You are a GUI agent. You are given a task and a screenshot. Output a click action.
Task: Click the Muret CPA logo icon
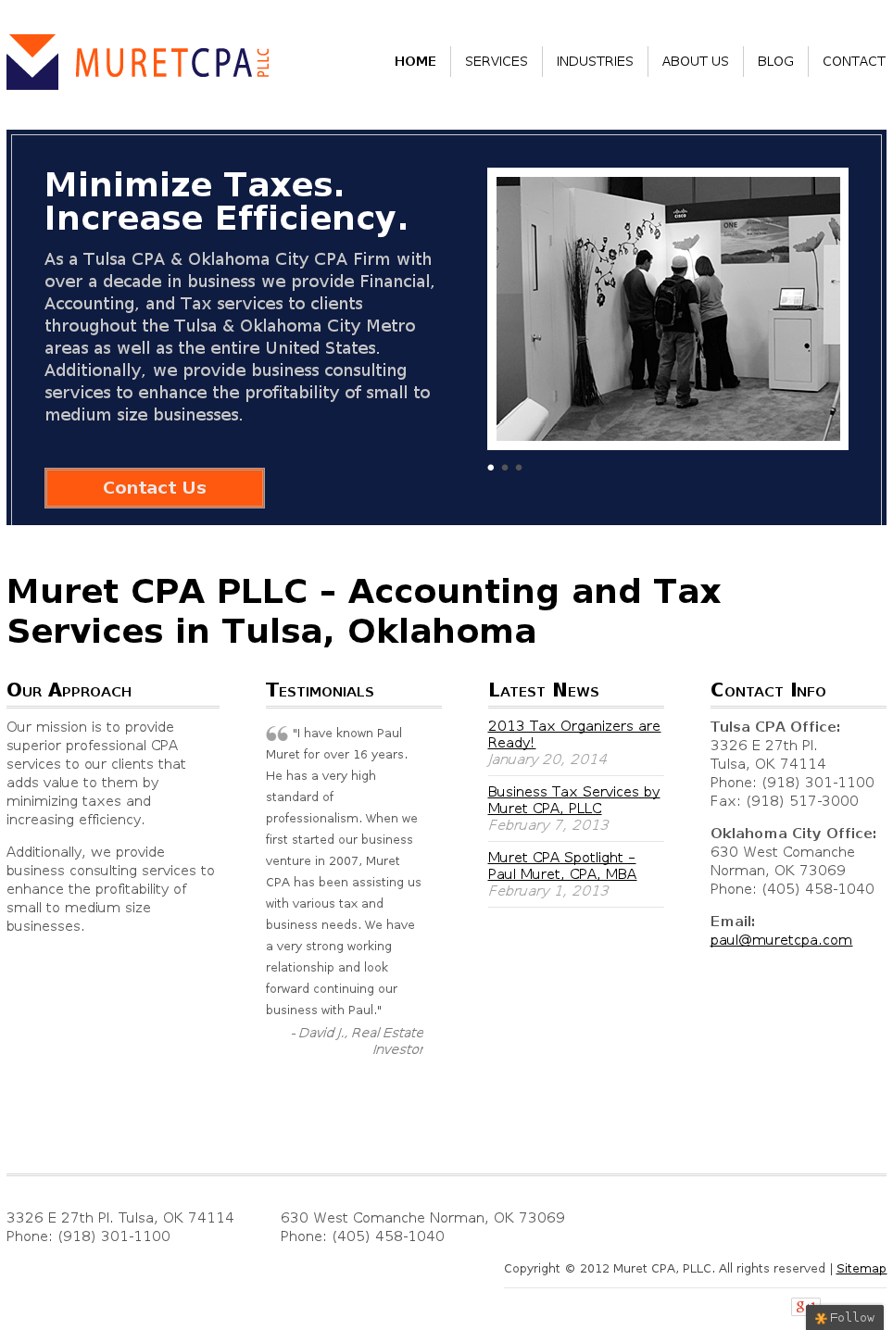pyautogui.click(x=32, y=62)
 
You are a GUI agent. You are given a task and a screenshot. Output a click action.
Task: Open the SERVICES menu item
pyautogui.click(x=496, y=61)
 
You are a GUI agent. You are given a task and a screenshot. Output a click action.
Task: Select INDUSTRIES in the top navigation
pyautogui.click(x=595, y=61)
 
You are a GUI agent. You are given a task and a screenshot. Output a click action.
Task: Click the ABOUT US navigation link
pyautogui.click(x=695, y=61)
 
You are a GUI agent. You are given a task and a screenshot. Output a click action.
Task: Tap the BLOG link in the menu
pyautogui.click(x=775, y=61)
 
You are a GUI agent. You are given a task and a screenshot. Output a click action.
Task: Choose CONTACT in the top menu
pyautogui.click(x=853, y=61)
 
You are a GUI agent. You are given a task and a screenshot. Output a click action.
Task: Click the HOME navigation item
pyautogui.click(x=415, y=61)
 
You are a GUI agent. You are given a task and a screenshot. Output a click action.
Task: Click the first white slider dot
pyautogui.click(x=491, y=468)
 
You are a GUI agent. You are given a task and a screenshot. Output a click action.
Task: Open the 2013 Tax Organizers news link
pyautogui.click(x=573, y=734)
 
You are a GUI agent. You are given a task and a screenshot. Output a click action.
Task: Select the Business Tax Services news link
pyautogui.click(x=573, y=799)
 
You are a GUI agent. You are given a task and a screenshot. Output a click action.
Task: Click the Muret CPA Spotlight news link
pyautogui.click(x=561, y=865)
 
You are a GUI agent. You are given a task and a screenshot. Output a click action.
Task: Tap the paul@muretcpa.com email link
pyautogui.click(x=781, y=940)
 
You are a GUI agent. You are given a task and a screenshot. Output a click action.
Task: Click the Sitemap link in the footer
pyautogui.click(x=861, y=1269)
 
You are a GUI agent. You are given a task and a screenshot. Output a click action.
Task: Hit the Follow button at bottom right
pyautogui.click(x=845, y=1317)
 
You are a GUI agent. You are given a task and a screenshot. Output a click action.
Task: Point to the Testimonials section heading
pyautogui.click(x=320, y=691)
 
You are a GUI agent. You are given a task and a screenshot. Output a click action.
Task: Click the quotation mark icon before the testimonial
pyautogui.click(x=277, y=734)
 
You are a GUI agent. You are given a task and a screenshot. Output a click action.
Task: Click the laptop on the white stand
pyautogui.click(x=791, y=298)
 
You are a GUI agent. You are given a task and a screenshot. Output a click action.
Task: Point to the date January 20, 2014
pyautogui.click(x=547, y=759)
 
